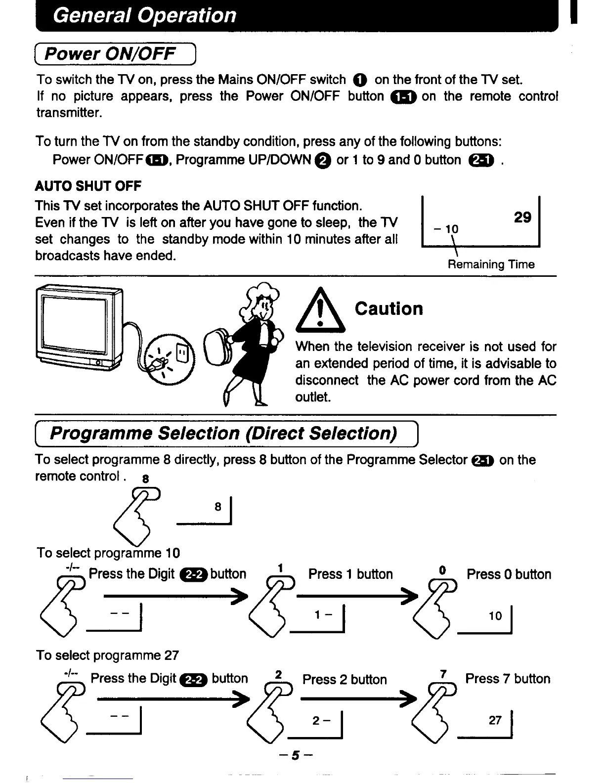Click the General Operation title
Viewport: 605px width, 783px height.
[144, 15]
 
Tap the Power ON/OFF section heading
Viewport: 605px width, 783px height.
[110, 53]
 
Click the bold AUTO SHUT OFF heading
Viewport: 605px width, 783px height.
[88, 186]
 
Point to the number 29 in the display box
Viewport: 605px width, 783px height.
[522, 217]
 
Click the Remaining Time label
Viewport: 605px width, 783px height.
[491, 264]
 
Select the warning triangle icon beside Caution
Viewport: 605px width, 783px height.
[320, 311]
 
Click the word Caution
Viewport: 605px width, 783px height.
[389, 309]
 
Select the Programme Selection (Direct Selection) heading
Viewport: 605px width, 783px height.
[223, 434]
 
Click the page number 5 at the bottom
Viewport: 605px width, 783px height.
[296, 755]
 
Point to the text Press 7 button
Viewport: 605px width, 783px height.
[507, 679]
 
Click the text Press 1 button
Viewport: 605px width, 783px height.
[350, 574]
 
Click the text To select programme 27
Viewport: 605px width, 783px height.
[107, 655]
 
